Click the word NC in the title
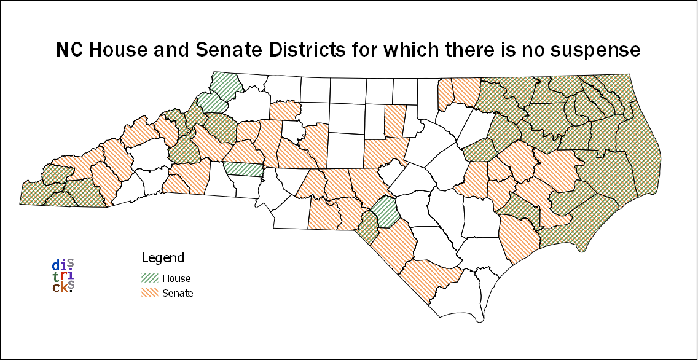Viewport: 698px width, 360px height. tap(69, 50)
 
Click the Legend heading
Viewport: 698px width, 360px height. tap(163, 257)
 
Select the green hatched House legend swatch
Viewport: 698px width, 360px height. tap(151, 278)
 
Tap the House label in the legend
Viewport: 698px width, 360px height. tap(176, 278)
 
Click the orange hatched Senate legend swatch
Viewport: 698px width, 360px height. tap(151, 293)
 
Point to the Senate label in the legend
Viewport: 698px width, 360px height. tap(178, 293)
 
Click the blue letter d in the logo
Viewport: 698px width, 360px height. tap(56, 265)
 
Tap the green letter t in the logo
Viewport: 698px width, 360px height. tap(56, 276)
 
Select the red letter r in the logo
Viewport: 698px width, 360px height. tap(63, 276)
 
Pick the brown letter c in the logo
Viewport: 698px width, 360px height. tap(56, 288)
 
